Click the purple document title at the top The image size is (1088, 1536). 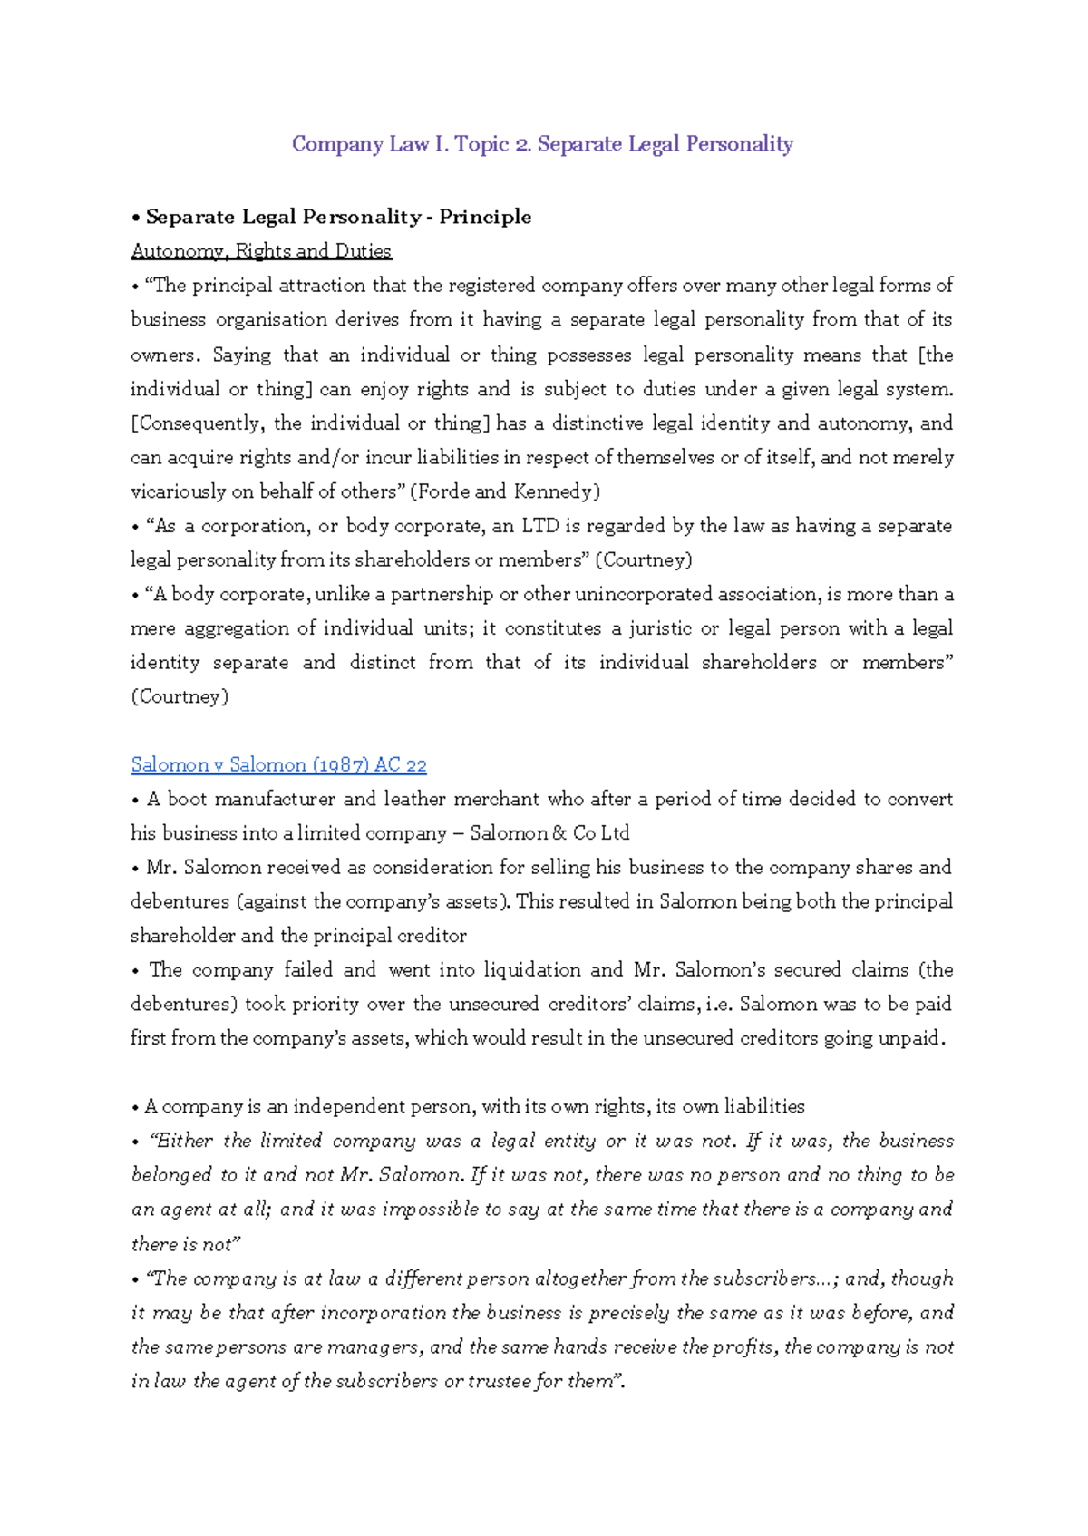click(542, 144)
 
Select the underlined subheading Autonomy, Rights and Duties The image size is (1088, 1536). click(261, 251)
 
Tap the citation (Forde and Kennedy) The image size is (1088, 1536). click(505, 491)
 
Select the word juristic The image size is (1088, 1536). click(661, 628)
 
